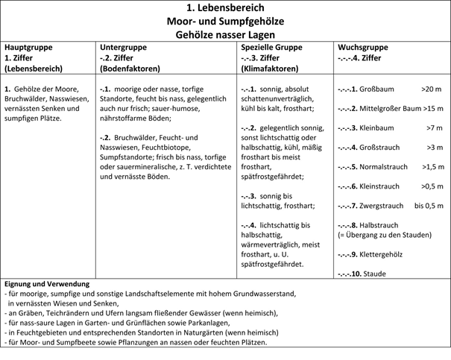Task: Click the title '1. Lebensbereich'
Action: (x=225, y=8)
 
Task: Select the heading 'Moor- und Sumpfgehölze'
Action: (x=225, y=21)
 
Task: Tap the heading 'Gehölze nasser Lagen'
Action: (x=225, y=34)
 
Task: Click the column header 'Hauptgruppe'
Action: (x=29, y=46)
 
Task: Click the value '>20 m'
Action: (x=431, y=89)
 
